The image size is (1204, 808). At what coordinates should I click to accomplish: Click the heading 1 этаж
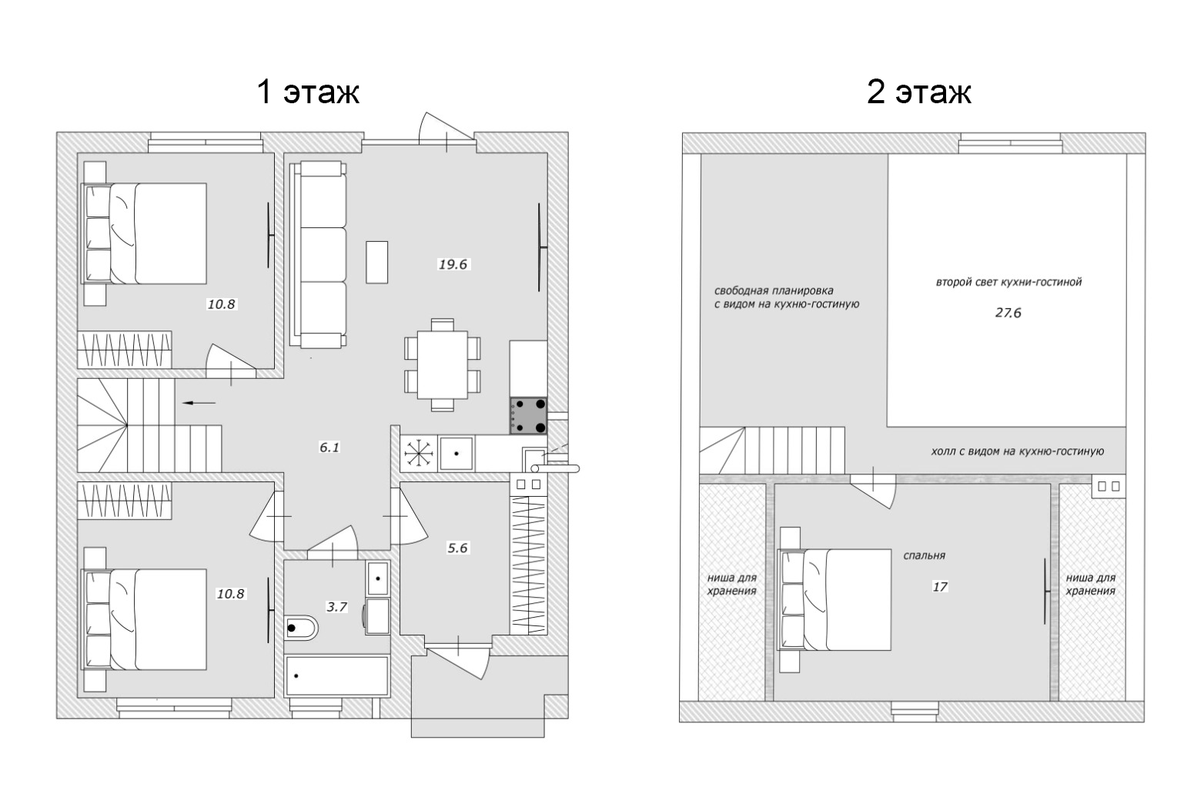(x=308, y=92)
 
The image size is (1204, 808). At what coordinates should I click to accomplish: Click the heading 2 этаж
(x=919, y=92)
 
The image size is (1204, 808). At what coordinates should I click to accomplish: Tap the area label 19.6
(x=453, y=264)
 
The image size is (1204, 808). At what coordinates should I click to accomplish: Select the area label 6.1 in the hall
(x=329, y=447)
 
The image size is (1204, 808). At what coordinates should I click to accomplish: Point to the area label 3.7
(x=337, y=607)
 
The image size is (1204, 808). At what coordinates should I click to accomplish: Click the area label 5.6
(x=457, y=548)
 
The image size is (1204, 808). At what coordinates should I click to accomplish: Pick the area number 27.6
(x=1008, y=313)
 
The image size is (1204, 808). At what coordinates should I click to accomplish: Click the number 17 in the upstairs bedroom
(x=939, y=586)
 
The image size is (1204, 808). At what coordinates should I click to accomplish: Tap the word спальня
(x=924, y=555)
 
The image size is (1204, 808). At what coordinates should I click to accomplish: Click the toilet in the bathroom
(x=301, y=627)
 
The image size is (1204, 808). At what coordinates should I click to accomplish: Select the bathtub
(x=337, y=676)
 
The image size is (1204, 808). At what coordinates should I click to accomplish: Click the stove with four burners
(x=528, y=416)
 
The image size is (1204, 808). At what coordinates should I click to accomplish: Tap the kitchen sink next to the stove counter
(x=457, y=454)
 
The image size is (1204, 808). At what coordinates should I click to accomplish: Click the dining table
(x=443, y=365)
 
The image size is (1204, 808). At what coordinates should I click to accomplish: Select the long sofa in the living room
(x=318, y=254)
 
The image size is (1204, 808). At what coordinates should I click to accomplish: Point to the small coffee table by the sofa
(x=376, y=262)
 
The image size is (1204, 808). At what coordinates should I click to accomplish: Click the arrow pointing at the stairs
(x=199, y=402)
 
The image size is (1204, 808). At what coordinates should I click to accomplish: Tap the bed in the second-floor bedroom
(x=834, y=600)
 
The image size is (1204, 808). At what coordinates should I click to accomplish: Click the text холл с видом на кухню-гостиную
(x=1017, y=451)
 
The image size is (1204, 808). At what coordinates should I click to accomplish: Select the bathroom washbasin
(x=378, y=578)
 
